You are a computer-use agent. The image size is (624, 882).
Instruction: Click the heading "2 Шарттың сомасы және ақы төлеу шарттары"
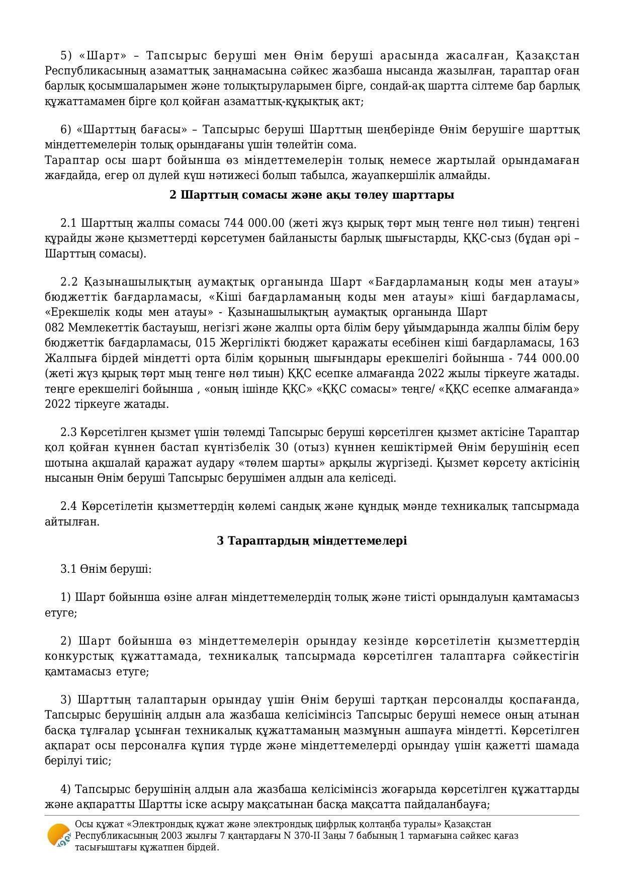312,195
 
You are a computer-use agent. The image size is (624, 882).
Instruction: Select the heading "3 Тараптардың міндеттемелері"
312,541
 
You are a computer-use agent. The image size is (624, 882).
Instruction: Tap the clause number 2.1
68,223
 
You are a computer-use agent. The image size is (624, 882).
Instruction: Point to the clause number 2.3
68,432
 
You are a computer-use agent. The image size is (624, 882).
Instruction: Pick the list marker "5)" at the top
67,55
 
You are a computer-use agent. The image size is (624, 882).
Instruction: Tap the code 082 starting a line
54,327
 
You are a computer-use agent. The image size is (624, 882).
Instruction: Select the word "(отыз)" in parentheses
310,447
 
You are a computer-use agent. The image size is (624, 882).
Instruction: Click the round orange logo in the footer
58,836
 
